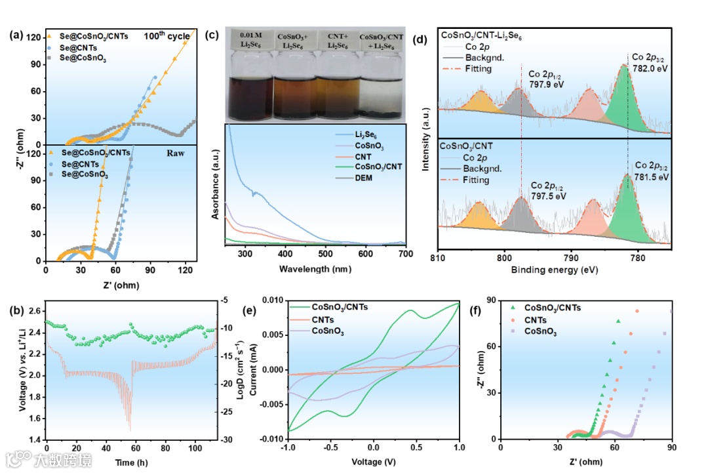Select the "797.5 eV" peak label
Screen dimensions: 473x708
pos(549,195)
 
